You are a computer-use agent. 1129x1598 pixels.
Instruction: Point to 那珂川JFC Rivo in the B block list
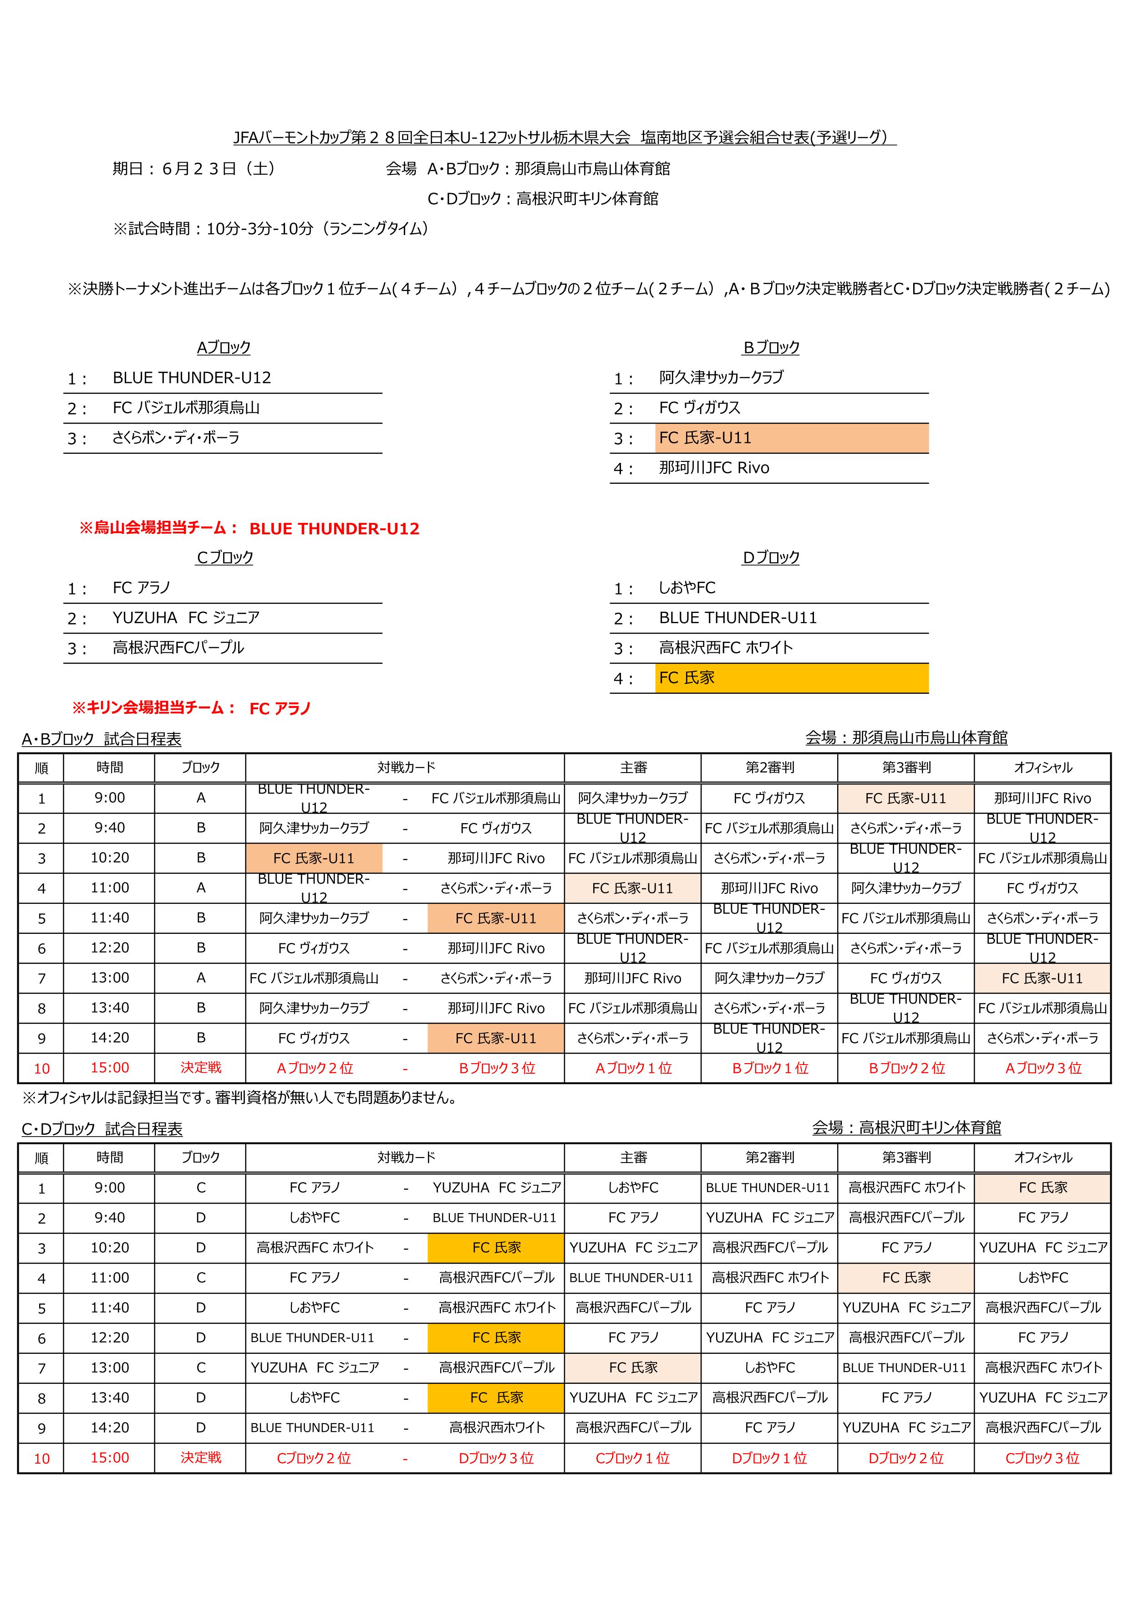(x=714, y=468)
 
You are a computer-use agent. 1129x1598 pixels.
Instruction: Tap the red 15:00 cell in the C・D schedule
(x=109, y=1457)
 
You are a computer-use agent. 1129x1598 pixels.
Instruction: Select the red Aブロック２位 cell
(x=315, y=1068)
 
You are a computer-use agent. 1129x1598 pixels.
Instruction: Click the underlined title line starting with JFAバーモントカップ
(x=564, y=138)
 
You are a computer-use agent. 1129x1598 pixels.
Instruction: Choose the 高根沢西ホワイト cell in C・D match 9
(x=496, y=1428)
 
